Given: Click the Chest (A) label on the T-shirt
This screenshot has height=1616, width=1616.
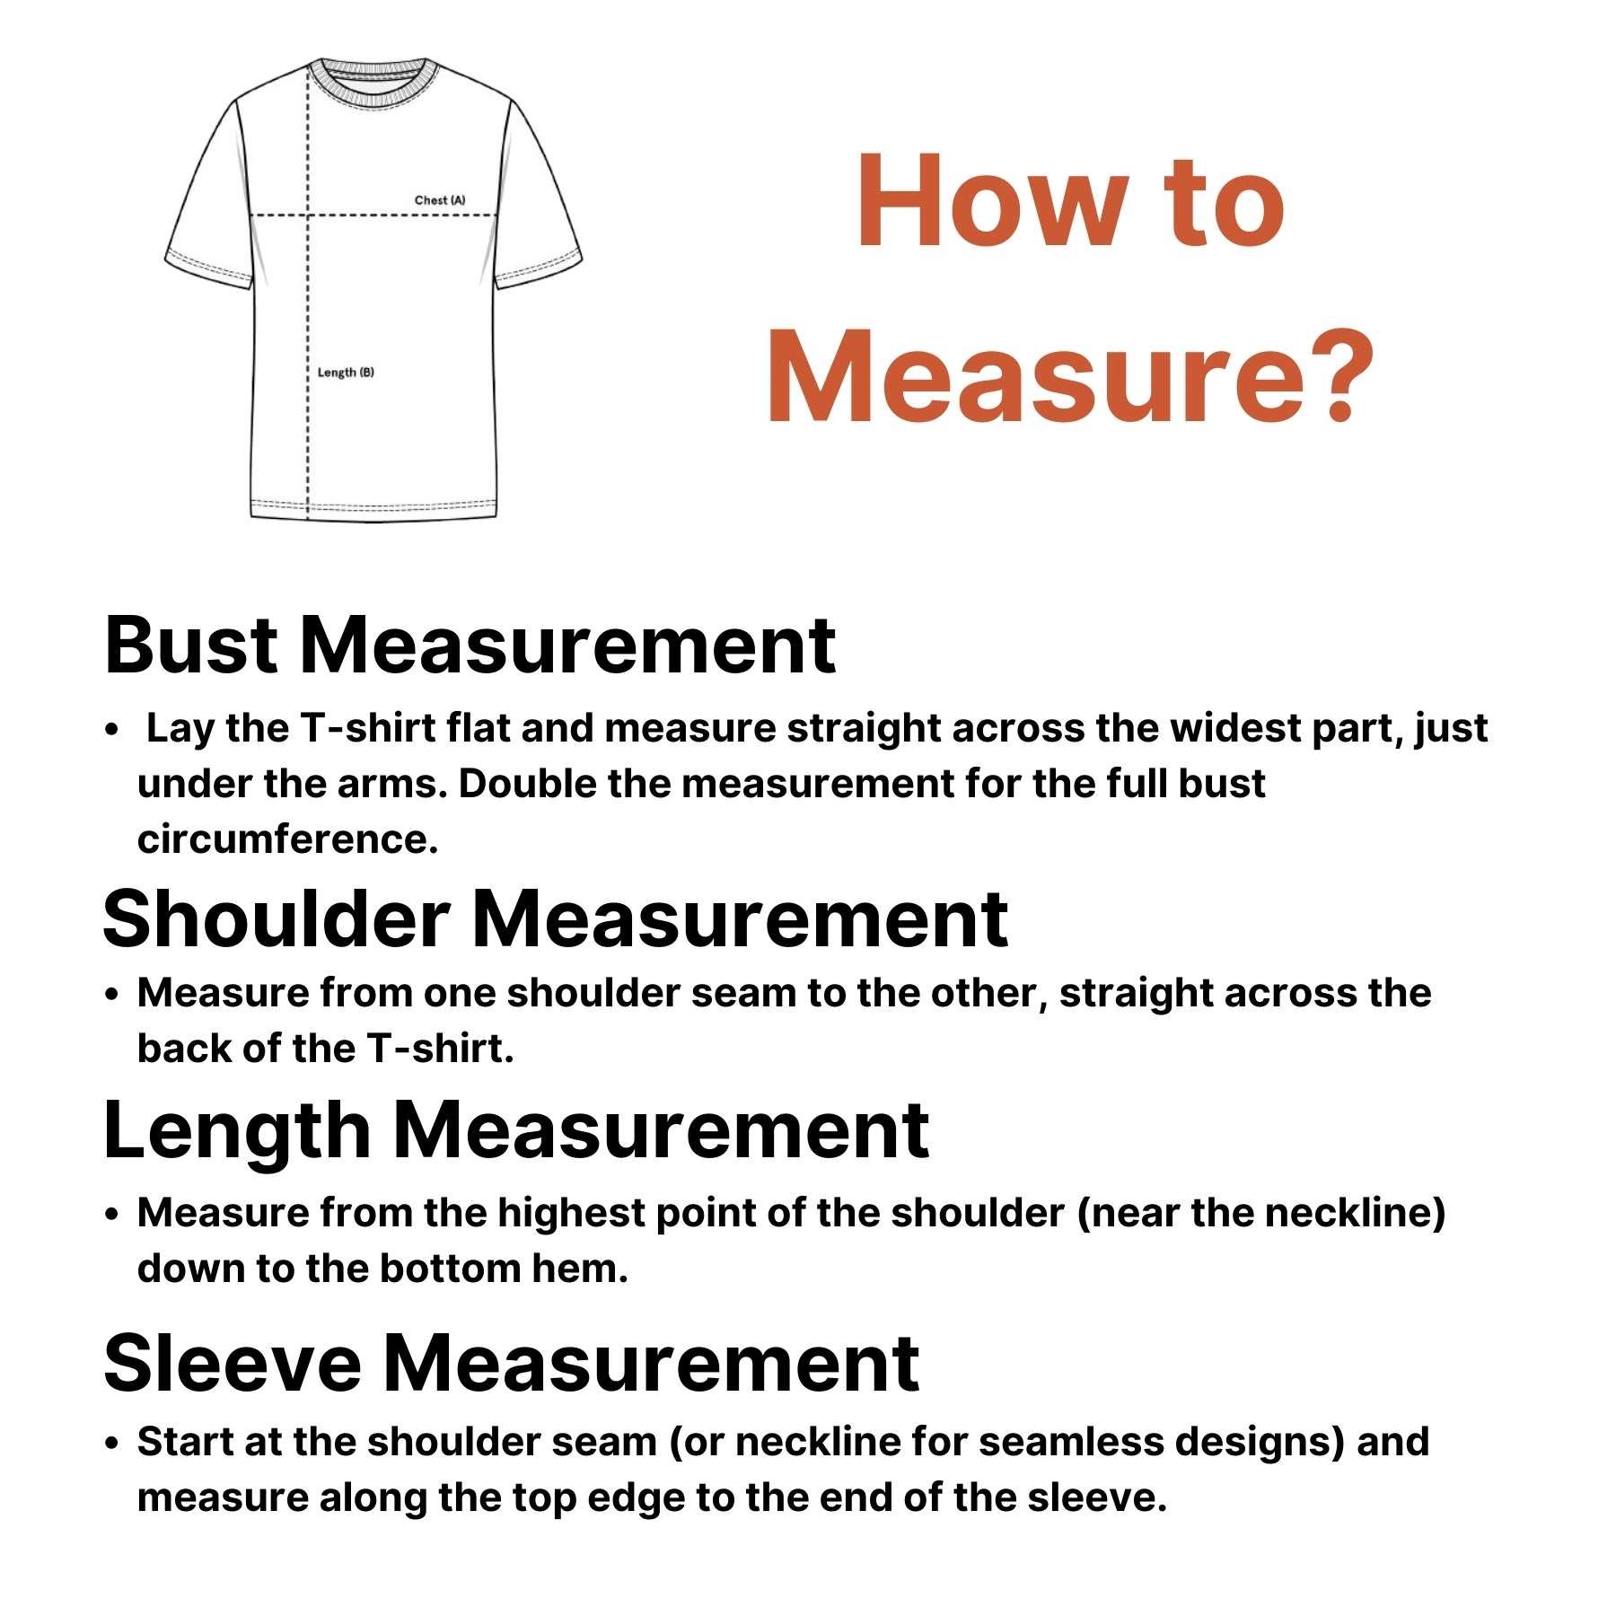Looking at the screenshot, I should point(440,200).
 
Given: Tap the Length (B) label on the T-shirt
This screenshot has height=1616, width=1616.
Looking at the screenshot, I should point(346,373).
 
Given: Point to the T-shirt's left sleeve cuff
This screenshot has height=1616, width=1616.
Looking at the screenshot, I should point(208,271).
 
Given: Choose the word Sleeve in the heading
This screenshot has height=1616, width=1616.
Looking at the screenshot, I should point(233,1363).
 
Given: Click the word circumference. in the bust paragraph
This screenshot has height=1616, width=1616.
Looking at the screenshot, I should point(287,839).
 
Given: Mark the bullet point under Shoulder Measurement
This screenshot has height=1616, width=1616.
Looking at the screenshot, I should point(111,995).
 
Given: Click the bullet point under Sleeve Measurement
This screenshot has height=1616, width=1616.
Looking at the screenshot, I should point(111,1444).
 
